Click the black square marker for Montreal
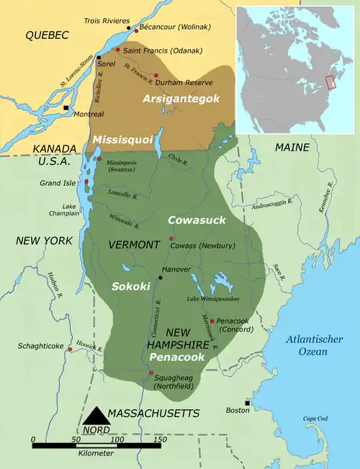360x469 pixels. coord(66,108)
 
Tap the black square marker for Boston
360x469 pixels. coord(248,401)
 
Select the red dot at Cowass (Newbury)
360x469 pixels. coord(171,238)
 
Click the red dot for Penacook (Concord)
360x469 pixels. coord(212,321)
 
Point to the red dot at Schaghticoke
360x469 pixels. coord(70,349)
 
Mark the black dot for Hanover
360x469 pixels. coord(160,277)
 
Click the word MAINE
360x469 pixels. coord(292,148)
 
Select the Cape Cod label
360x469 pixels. coord(315,419)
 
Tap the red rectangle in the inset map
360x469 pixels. coord(331,99)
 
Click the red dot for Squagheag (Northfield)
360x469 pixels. coord(151,373)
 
